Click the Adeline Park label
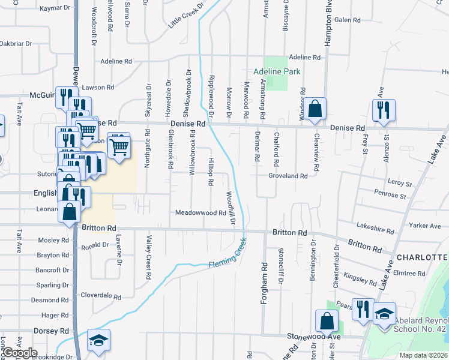tap(276, 71)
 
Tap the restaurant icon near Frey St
tap(383, 110)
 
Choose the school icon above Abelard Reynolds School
tap(384, 313)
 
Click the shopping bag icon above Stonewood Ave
tap(327, 321)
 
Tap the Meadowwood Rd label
tap(200, 213)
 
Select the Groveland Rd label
tap(288, 176)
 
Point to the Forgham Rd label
tap(263, 282)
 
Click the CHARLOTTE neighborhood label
tap(424, 257)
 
